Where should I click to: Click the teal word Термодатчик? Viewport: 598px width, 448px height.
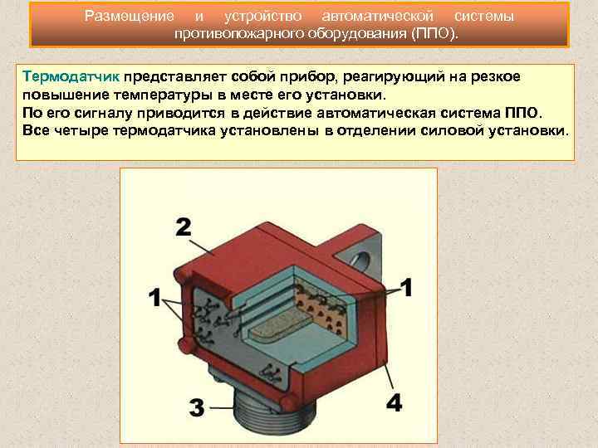[x=71, y=76]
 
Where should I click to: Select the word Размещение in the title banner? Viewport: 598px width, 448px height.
[x=130, y=16]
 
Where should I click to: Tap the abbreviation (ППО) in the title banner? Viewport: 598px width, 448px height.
[x=434, y=33]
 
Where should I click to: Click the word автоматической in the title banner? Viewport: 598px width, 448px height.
[x=378, y=16]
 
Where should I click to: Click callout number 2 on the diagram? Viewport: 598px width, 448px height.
[x=184, y=227]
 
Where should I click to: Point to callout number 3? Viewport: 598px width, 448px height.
[x=197, y=407]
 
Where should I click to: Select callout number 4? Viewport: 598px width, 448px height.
[x=394, y=402]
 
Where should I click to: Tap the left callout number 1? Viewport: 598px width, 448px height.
[x=154, y=297]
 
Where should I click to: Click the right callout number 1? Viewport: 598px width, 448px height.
[x=407, y=287]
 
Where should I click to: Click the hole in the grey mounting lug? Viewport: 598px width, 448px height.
[x=360, y=261]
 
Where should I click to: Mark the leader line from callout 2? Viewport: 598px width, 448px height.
[x=201, y=247]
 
